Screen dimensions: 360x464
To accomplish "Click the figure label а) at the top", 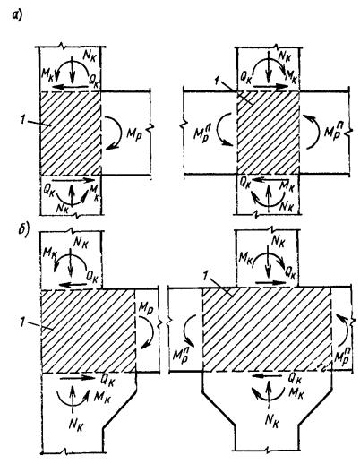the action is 17,15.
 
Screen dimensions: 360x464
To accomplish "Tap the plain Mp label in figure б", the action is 146,311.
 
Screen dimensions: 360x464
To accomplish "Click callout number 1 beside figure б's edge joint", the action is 21,322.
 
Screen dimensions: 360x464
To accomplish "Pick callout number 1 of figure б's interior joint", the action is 205,276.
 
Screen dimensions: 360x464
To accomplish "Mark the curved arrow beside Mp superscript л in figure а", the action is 219,132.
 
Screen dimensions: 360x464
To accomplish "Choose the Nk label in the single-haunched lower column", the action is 75,424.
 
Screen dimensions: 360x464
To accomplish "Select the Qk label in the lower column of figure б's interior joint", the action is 295,378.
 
